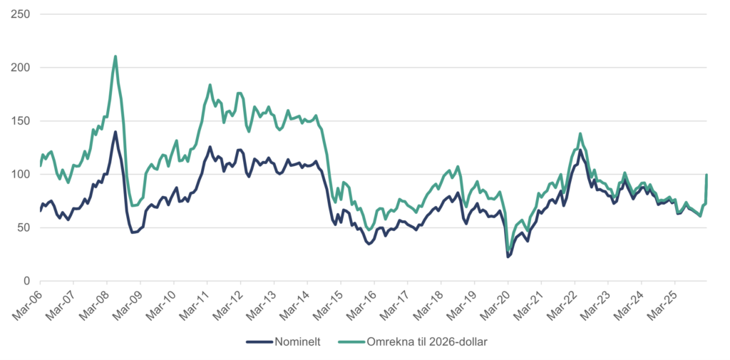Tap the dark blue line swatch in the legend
[x=259, y=341]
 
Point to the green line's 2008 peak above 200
[x=115, y=56]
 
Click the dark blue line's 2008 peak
[x=115, y=132]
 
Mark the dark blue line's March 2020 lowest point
[x=508, y=257]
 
